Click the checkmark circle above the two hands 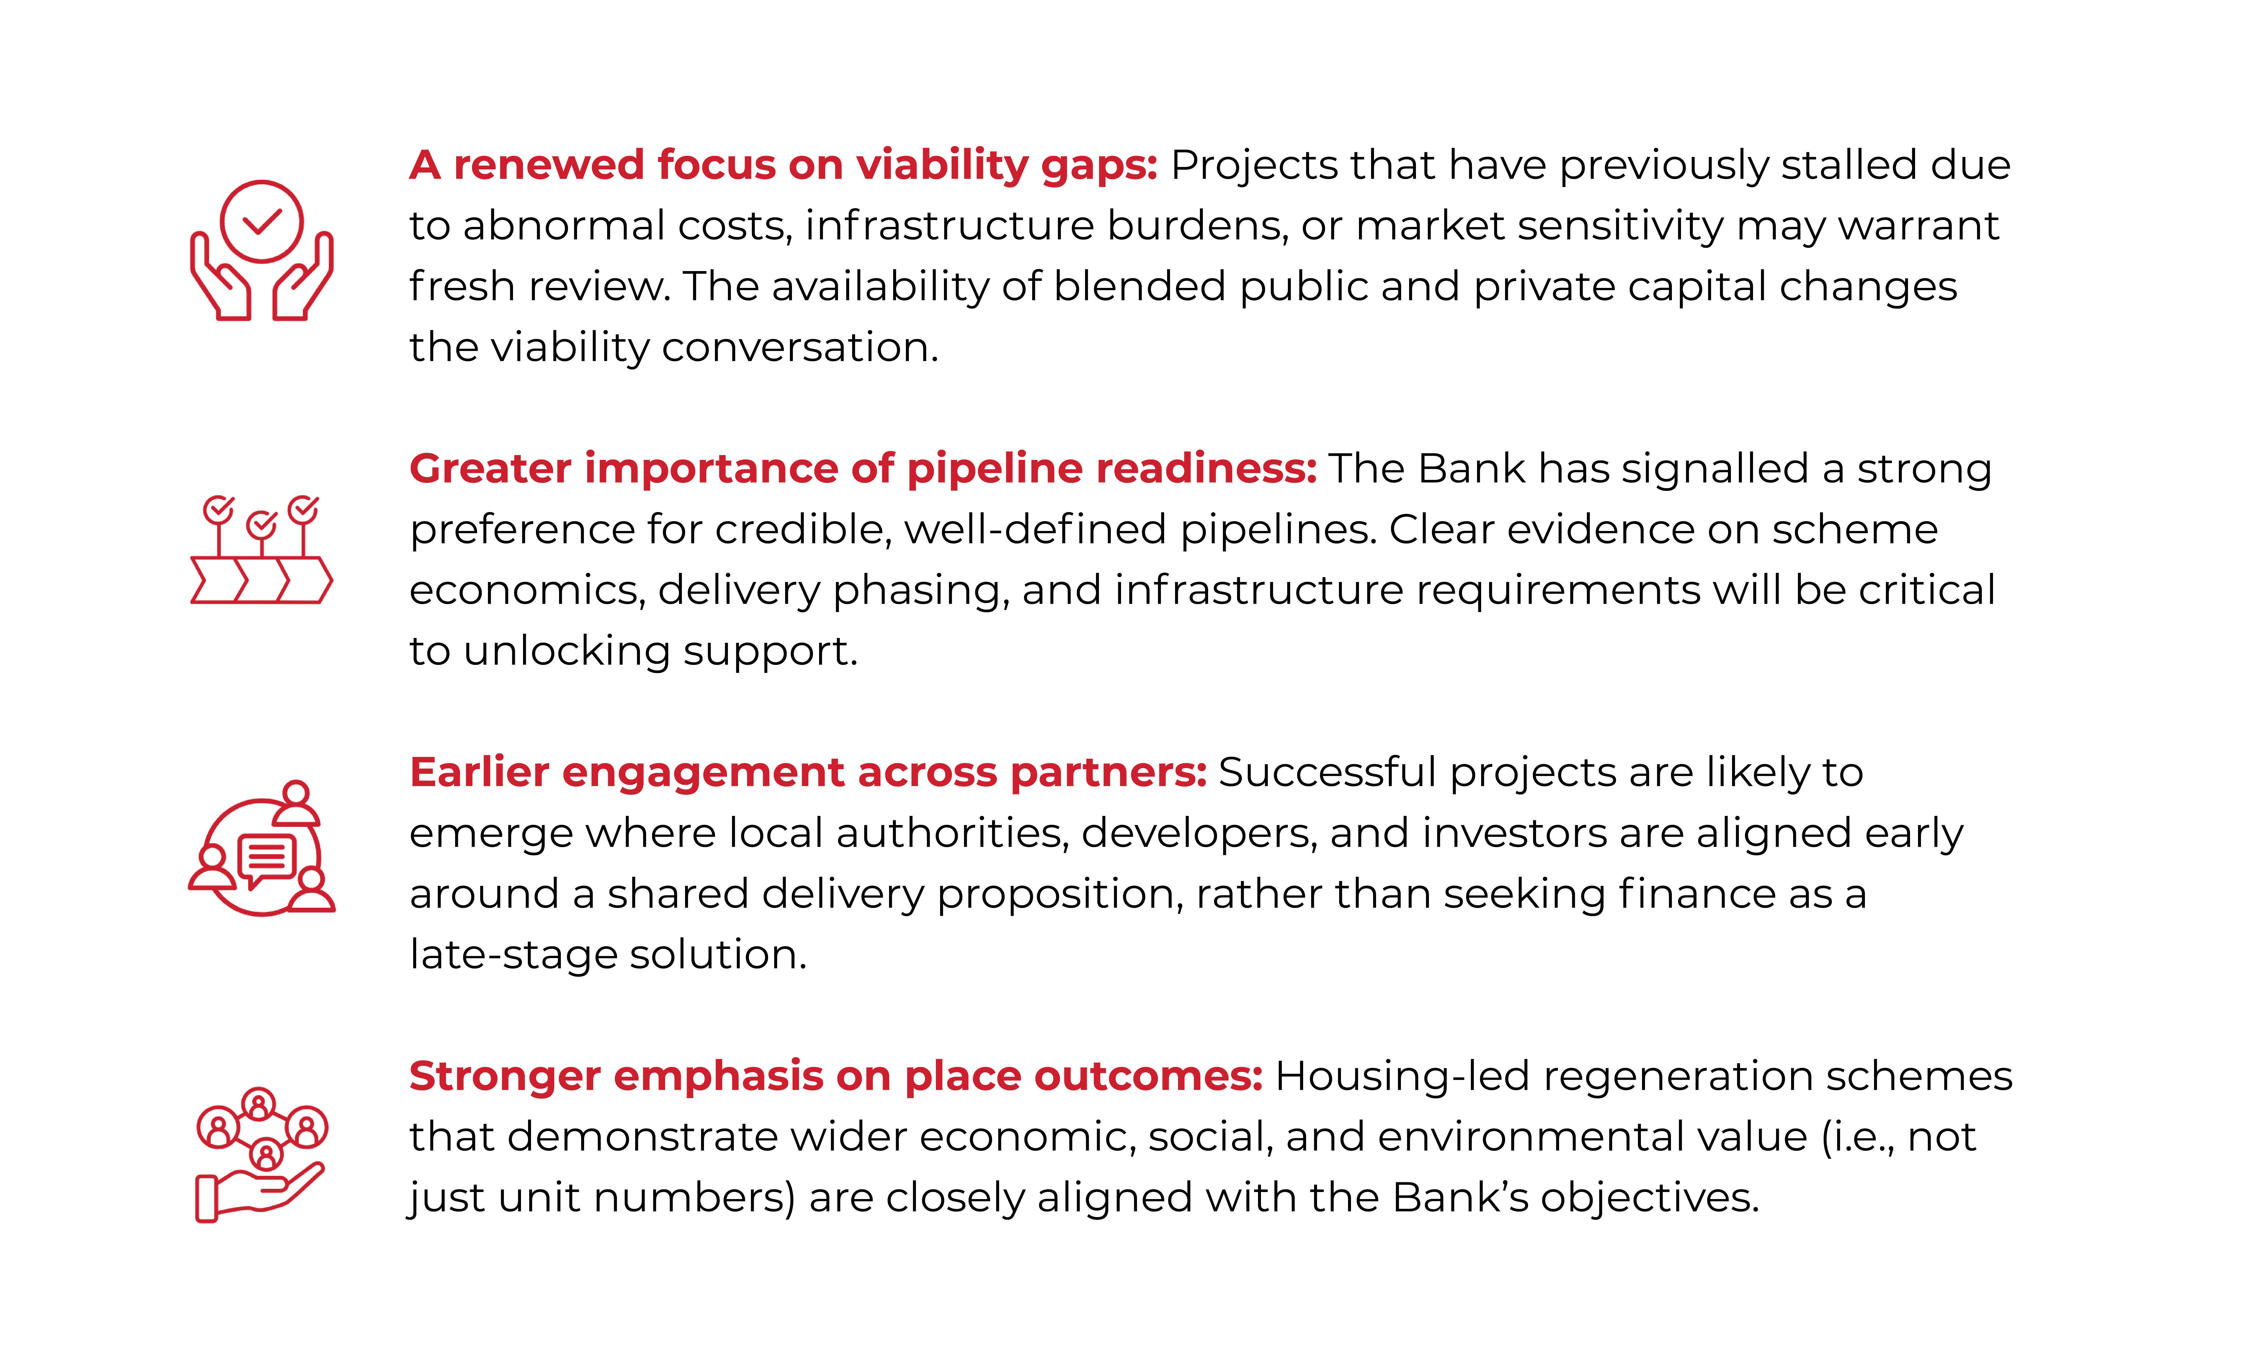(261, 221)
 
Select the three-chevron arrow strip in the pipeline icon (261, 580)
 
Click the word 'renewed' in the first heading (548, 165)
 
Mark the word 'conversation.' (800, 348)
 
